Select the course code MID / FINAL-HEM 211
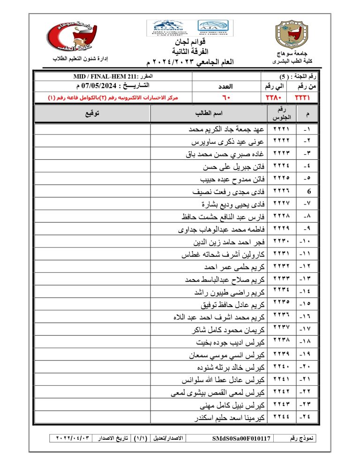click(x=101, y=76)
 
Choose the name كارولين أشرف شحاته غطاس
click(x=223, y=255)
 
